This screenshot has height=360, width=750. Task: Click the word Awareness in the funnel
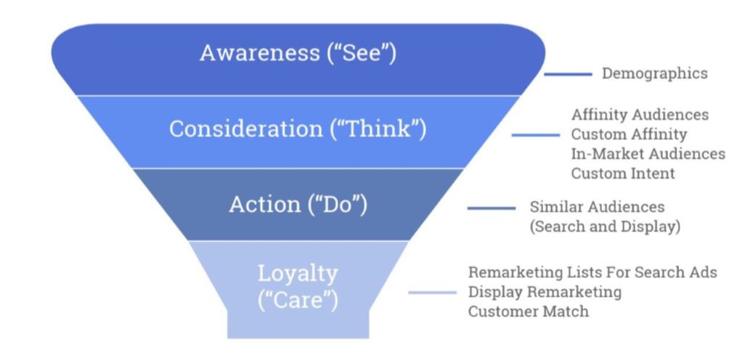pyautogui.click(x=260, y=52)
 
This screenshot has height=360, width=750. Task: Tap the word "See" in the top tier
pyautogui.click(x=362, y=52)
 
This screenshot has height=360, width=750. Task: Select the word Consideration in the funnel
pyautogui.click(x=246, y=128)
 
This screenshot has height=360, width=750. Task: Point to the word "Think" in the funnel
pyautogui.click(x=378, y=129)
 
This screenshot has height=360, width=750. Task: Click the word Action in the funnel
pyautogui.click(x=265, y=205)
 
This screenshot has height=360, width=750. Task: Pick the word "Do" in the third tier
pyautogui.click(x=338, y=205)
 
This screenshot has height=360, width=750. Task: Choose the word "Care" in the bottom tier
pyautogui.click(x=298, y=300)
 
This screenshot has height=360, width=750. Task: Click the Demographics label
pyautogui.click(x=654, y=73)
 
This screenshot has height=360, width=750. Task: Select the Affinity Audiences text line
pyautogui.click(x=640, y=115)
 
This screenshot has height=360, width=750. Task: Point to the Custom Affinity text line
pyautogui.click(x=629, y=134)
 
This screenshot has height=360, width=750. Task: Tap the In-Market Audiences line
pyautogui.click(x=648, y=154)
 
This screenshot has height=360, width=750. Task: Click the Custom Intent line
pyautogui.click(x=623, y=173)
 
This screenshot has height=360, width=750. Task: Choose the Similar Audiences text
pyautogui.click(x=597, y=207)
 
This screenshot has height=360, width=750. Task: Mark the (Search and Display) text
pyautogui.click(x=605, y=226)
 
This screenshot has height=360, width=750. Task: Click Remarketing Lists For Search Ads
pyautogui.click(x=592, y=272)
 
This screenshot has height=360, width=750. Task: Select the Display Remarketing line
pyautogui.click(x=545, y=292)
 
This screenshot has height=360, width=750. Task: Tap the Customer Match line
pyautogui.click(x=529, y=311)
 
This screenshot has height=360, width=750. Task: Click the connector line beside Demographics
pyautogui.click(x=568, y=74)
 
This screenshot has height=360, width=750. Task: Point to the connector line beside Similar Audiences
pyautogui.click(x=492, y=208)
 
